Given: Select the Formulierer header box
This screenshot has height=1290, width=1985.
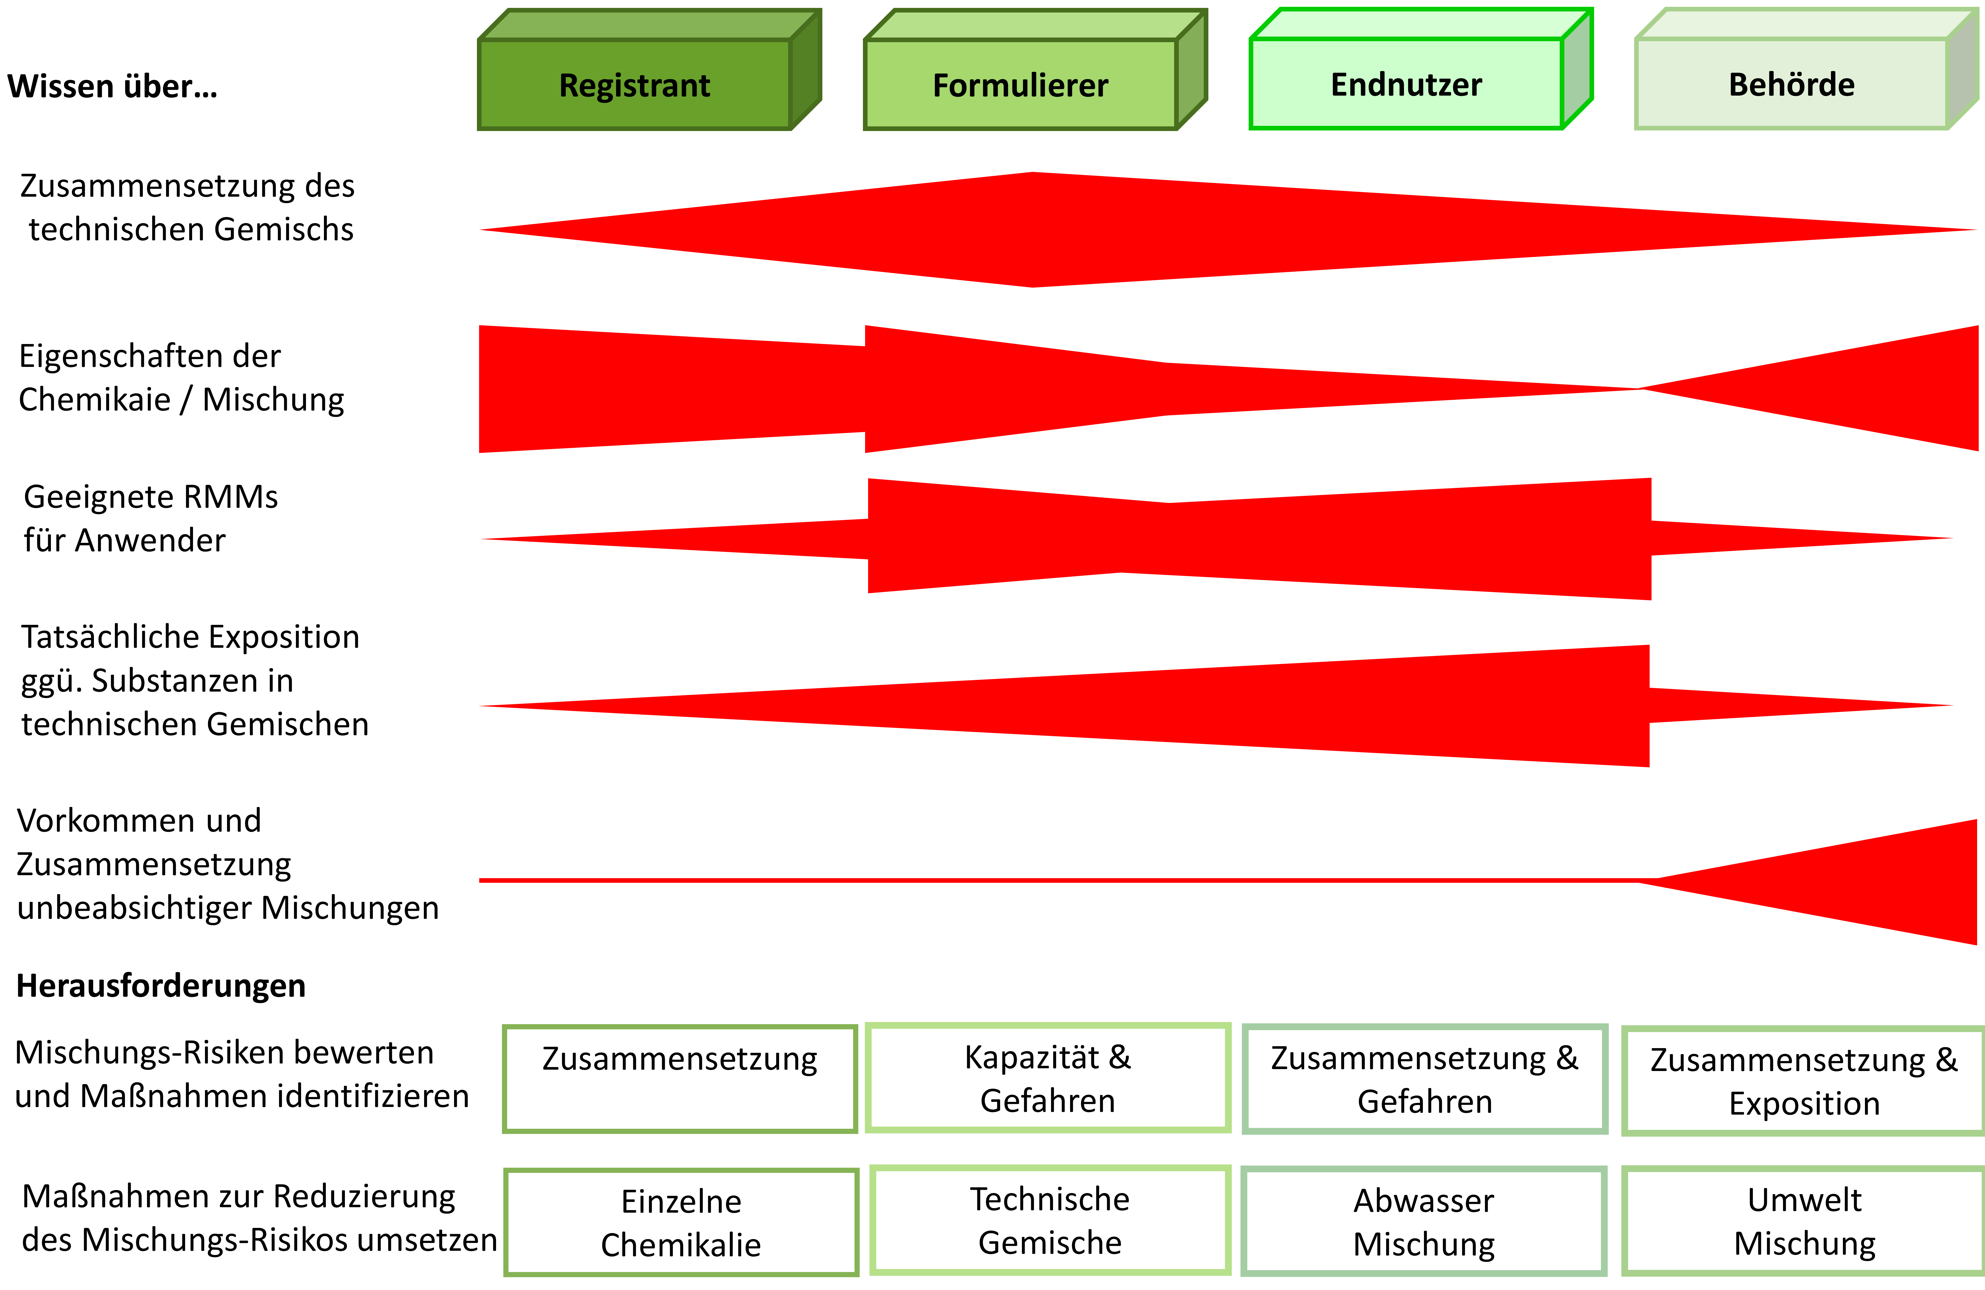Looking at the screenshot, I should click(x=1020, y=84).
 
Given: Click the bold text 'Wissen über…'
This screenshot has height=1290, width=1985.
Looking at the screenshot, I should click(x=113, y=86).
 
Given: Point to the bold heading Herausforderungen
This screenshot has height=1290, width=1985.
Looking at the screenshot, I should click(x=161, y=985).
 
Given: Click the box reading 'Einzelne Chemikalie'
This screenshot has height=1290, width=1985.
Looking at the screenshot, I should click(x=681, y=1222).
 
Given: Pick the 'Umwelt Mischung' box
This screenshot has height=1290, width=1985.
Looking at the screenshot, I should click(x=1804, y=1221).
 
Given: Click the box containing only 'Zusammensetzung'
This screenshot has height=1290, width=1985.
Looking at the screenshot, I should click(x=680, y=1078).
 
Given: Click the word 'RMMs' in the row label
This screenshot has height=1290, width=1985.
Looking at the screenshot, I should click(x=230, y=497).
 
